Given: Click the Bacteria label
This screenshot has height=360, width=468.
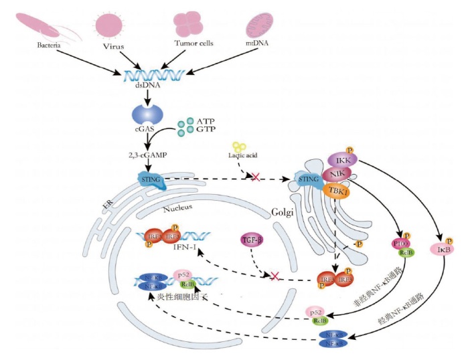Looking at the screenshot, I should coord(50,46).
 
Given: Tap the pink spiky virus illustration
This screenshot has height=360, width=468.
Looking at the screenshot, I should coord(110,23).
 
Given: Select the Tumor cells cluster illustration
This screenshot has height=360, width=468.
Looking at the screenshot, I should coord(188,24).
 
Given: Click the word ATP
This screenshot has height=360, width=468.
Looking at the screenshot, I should coord(206,120).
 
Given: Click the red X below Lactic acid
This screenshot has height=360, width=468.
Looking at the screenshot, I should coord(255,177).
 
